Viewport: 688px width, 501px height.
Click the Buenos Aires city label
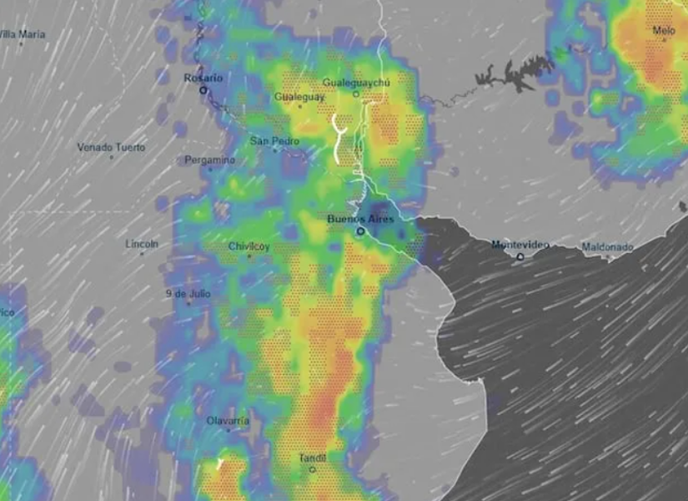pyautogui.click(x=359, y=219)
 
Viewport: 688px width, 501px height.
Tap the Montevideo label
pyautogui.click(x=520, y=245)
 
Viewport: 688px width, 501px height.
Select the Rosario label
pyautogui.click(x=203, y=78)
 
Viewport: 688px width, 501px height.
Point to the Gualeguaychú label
pyautogui.click(x=356, y=83)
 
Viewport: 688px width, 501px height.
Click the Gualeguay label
pyautogui.click(x=299, y=97)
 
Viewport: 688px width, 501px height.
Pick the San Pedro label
pyautogui.click(x=274, y=141)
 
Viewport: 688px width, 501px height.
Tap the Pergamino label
pyautogui.click(x=210, y=159)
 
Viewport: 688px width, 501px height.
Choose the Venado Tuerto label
pyautogui.click(x=111, y=148)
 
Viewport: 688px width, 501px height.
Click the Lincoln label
pyautogui.click(x=141, y=245)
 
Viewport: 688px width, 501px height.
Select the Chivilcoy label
pyautogui.click(x=249, y=246)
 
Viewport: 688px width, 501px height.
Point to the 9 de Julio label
pyautogui.click(x=188, y=294)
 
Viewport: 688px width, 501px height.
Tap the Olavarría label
pyautogui.click(x=228, y=421)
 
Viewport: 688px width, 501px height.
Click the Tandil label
pyautogui.click(x=312, y=458)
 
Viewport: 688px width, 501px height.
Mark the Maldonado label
pyautogui.click(x=607, y=247)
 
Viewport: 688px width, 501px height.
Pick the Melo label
pyautogui.click(x=664, y=31)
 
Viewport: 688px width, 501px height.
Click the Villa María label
pyautogui.click(x=23, y=34)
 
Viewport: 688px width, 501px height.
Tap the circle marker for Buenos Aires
pyautogui.click(x=360, y=230)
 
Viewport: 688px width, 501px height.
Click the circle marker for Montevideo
pyautogui.click(x=520, y=256)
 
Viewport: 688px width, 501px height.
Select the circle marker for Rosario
pyautogui.click(x=203, y=89)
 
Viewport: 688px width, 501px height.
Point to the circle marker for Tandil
pyautogui.click(x=313, y=469)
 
